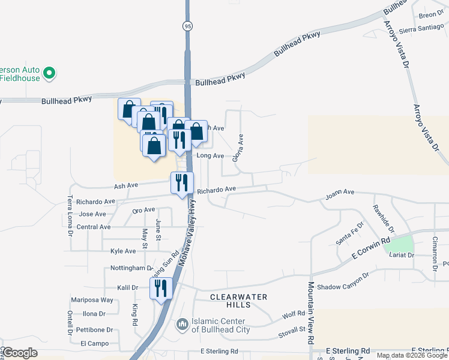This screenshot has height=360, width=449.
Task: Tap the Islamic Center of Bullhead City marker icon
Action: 182,325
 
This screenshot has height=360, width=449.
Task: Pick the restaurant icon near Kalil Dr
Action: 160,289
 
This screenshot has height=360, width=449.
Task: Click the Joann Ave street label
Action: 340,193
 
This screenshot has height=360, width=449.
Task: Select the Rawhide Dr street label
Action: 382,219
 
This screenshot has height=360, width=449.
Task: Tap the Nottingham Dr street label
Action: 132,268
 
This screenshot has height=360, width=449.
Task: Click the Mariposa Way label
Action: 91,300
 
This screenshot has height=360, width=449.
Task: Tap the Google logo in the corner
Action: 20,353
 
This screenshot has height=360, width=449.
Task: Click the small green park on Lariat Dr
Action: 399,244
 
